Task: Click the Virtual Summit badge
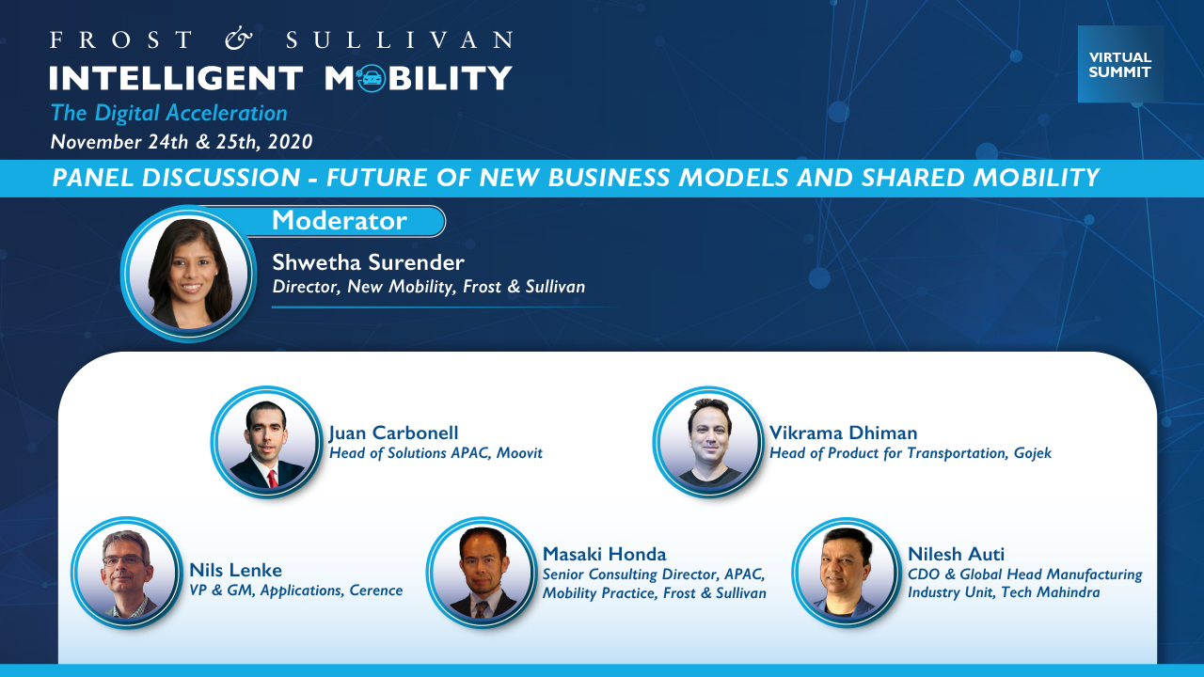click(x=1120, y=64)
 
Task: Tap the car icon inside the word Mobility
click(x=372, y=78)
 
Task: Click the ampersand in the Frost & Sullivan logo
click(x=239, y=39)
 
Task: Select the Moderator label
click(x=340, y=220)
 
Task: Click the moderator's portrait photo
click(x=188, y=274)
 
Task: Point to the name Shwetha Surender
click(x=368, y=262)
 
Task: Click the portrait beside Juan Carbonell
click(x=266, y=442)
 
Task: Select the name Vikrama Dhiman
click(x=844, y=433)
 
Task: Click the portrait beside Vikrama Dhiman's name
click(x=708, y=442)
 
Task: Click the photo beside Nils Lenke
click(x=127, y=573)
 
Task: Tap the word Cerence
click(x=375, y=590)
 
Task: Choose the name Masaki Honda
click(x=604, y=554)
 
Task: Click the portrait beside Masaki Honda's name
click(x=483, y=573)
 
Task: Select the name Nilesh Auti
click(x=956, y=554)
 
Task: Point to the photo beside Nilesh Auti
click(x=847, y=573)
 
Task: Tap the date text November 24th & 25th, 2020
click(x=182, y=142)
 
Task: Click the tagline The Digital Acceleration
click(x=168, y=113)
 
